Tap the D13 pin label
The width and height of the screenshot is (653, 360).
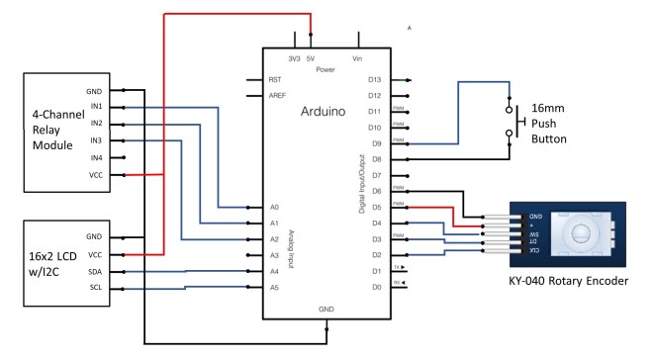tap(375, 79)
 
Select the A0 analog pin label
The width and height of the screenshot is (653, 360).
tap(274, 208)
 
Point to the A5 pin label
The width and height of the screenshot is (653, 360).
tap(274, 288)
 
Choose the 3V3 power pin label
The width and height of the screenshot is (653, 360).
tap(294, 57)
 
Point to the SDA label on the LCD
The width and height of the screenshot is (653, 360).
tap(94, 271)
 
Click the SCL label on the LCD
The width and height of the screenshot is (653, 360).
tap(94, 288)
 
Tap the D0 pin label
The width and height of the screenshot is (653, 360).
tap(376, 288)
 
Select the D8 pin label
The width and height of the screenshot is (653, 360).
tap(376, 159)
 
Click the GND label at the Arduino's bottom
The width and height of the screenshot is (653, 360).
tap(326, 310)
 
